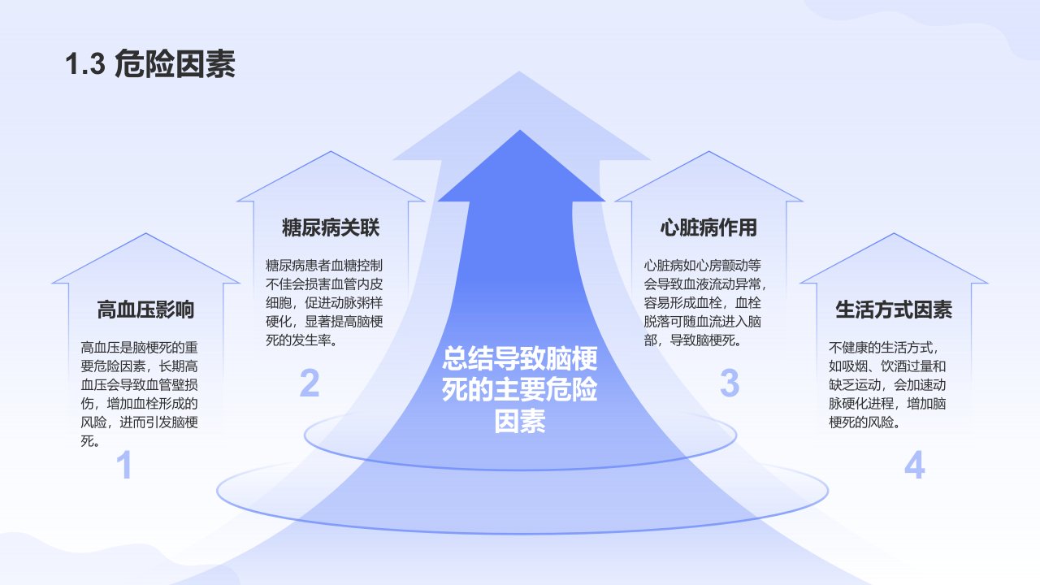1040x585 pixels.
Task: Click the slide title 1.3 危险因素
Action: click(x=150, y=63)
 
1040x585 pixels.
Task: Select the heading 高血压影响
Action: click(x=145, y=310)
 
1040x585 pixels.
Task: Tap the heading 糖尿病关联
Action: click(x=331, y=227)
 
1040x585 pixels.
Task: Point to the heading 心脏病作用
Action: click(x=708, y=227)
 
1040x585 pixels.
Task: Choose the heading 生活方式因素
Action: click(x=894, y=310)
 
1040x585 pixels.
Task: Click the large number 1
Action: click(x=124, y=465)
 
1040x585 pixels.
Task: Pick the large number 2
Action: click(x=310, y=383)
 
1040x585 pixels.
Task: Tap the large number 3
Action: click(x=730, y=383)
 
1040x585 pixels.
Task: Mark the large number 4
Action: click(x=915, y=465)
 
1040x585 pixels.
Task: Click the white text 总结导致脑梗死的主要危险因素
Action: click(x=519, y=389)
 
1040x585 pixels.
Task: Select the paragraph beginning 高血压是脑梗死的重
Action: click(x=139, y=394)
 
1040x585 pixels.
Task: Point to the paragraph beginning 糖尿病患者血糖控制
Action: click(x=324, y=303)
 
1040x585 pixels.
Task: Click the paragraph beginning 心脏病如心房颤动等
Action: click(x=704, y=303)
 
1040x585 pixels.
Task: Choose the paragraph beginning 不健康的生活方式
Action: click(x=887, y=385)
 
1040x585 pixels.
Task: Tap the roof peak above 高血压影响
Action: click(x=145, y=233)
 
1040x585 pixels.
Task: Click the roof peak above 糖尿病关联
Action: click(x=331, y=151)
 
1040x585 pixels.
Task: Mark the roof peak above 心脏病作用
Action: click(x=709, y=151)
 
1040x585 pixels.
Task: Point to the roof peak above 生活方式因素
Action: click(x=895, y=233)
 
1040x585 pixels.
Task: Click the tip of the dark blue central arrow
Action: click(x=520, y=131)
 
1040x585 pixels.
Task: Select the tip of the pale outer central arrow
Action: click(x=519, y=71)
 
